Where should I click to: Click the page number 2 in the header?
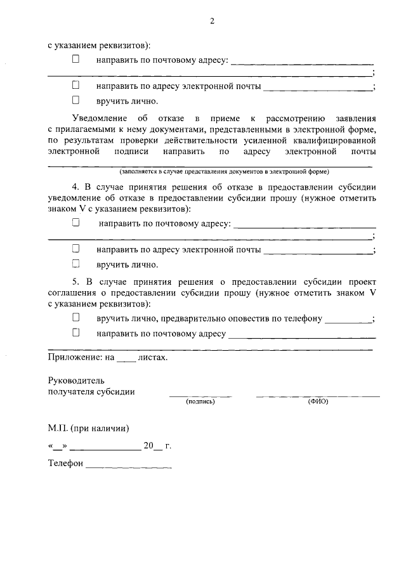(x=212, y=21)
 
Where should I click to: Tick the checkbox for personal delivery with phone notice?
(x=76, y=317)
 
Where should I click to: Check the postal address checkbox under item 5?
(x=76, y=332)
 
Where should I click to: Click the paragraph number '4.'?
(x=75, y=186)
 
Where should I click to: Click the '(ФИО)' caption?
(x=318, y=401)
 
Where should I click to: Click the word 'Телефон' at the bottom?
(x=65, y=464)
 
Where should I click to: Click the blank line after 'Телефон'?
(x=129, y=466)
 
